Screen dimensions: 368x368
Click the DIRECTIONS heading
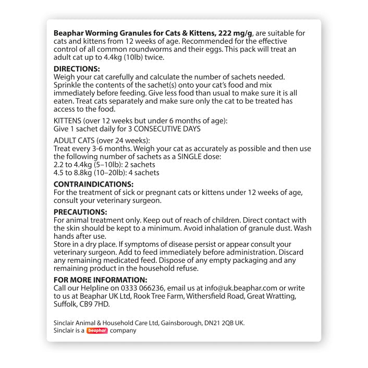77,69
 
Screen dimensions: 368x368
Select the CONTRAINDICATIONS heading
94,184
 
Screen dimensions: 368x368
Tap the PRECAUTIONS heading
81,212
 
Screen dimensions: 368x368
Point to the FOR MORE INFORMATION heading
101,280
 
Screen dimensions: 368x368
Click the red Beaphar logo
97,330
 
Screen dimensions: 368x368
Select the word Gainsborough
180,323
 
